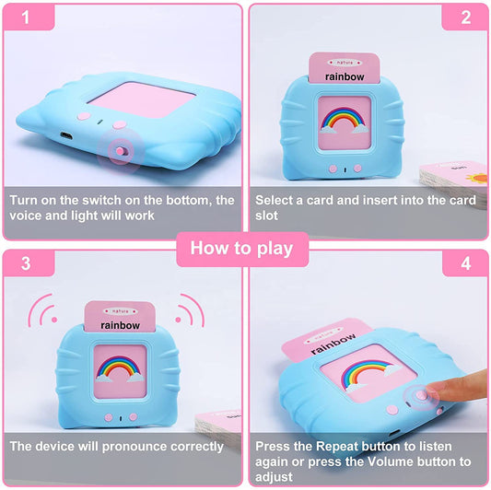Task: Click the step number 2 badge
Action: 465,18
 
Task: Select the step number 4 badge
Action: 465,264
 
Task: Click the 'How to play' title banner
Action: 241,247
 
